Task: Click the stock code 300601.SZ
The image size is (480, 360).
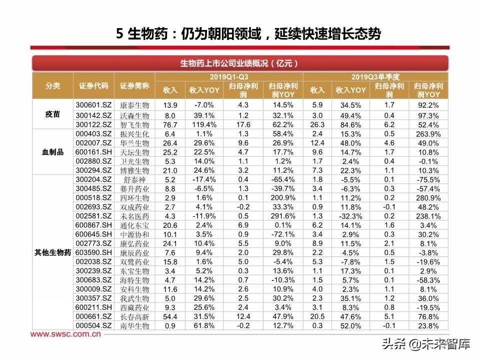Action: click(93, 105)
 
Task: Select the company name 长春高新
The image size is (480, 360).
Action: click(134, 316)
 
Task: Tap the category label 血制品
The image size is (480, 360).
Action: click(52, 152)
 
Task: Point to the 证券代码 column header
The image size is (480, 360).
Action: click(93, 85)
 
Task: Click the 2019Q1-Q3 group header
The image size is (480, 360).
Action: click(228, 77)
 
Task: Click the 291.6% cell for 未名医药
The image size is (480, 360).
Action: click(283, 216)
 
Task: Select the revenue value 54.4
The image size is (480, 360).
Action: click(170, 316)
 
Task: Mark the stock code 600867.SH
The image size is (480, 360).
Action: click(93, 225)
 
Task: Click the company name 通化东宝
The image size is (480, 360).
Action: click(134, 225)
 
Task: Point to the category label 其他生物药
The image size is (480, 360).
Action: click(52, 252)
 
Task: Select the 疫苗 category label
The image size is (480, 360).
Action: click(52, 114)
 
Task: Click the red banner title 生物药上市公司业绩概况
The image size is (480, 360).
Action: click(239, 63)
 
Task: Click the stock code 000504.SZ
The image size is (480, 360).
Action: click(93, 325)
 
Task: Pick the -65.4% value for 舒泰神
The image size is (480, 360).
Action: click(283, 179)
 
